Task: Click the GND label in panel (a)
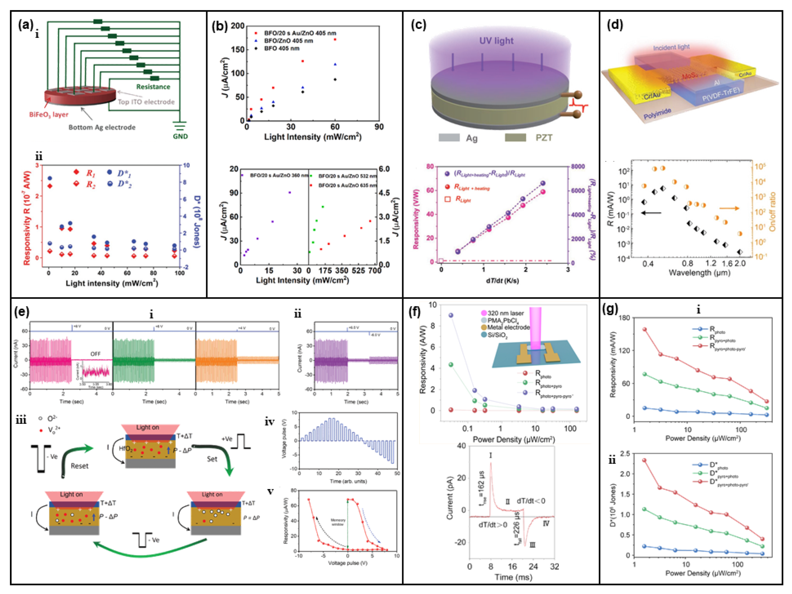click(180, 136)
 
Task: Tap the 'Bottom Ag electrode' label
click(102, 127)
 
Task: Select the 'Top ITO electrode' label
click(146, 102)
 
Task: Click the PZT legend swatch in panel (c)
click(515, 138)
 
